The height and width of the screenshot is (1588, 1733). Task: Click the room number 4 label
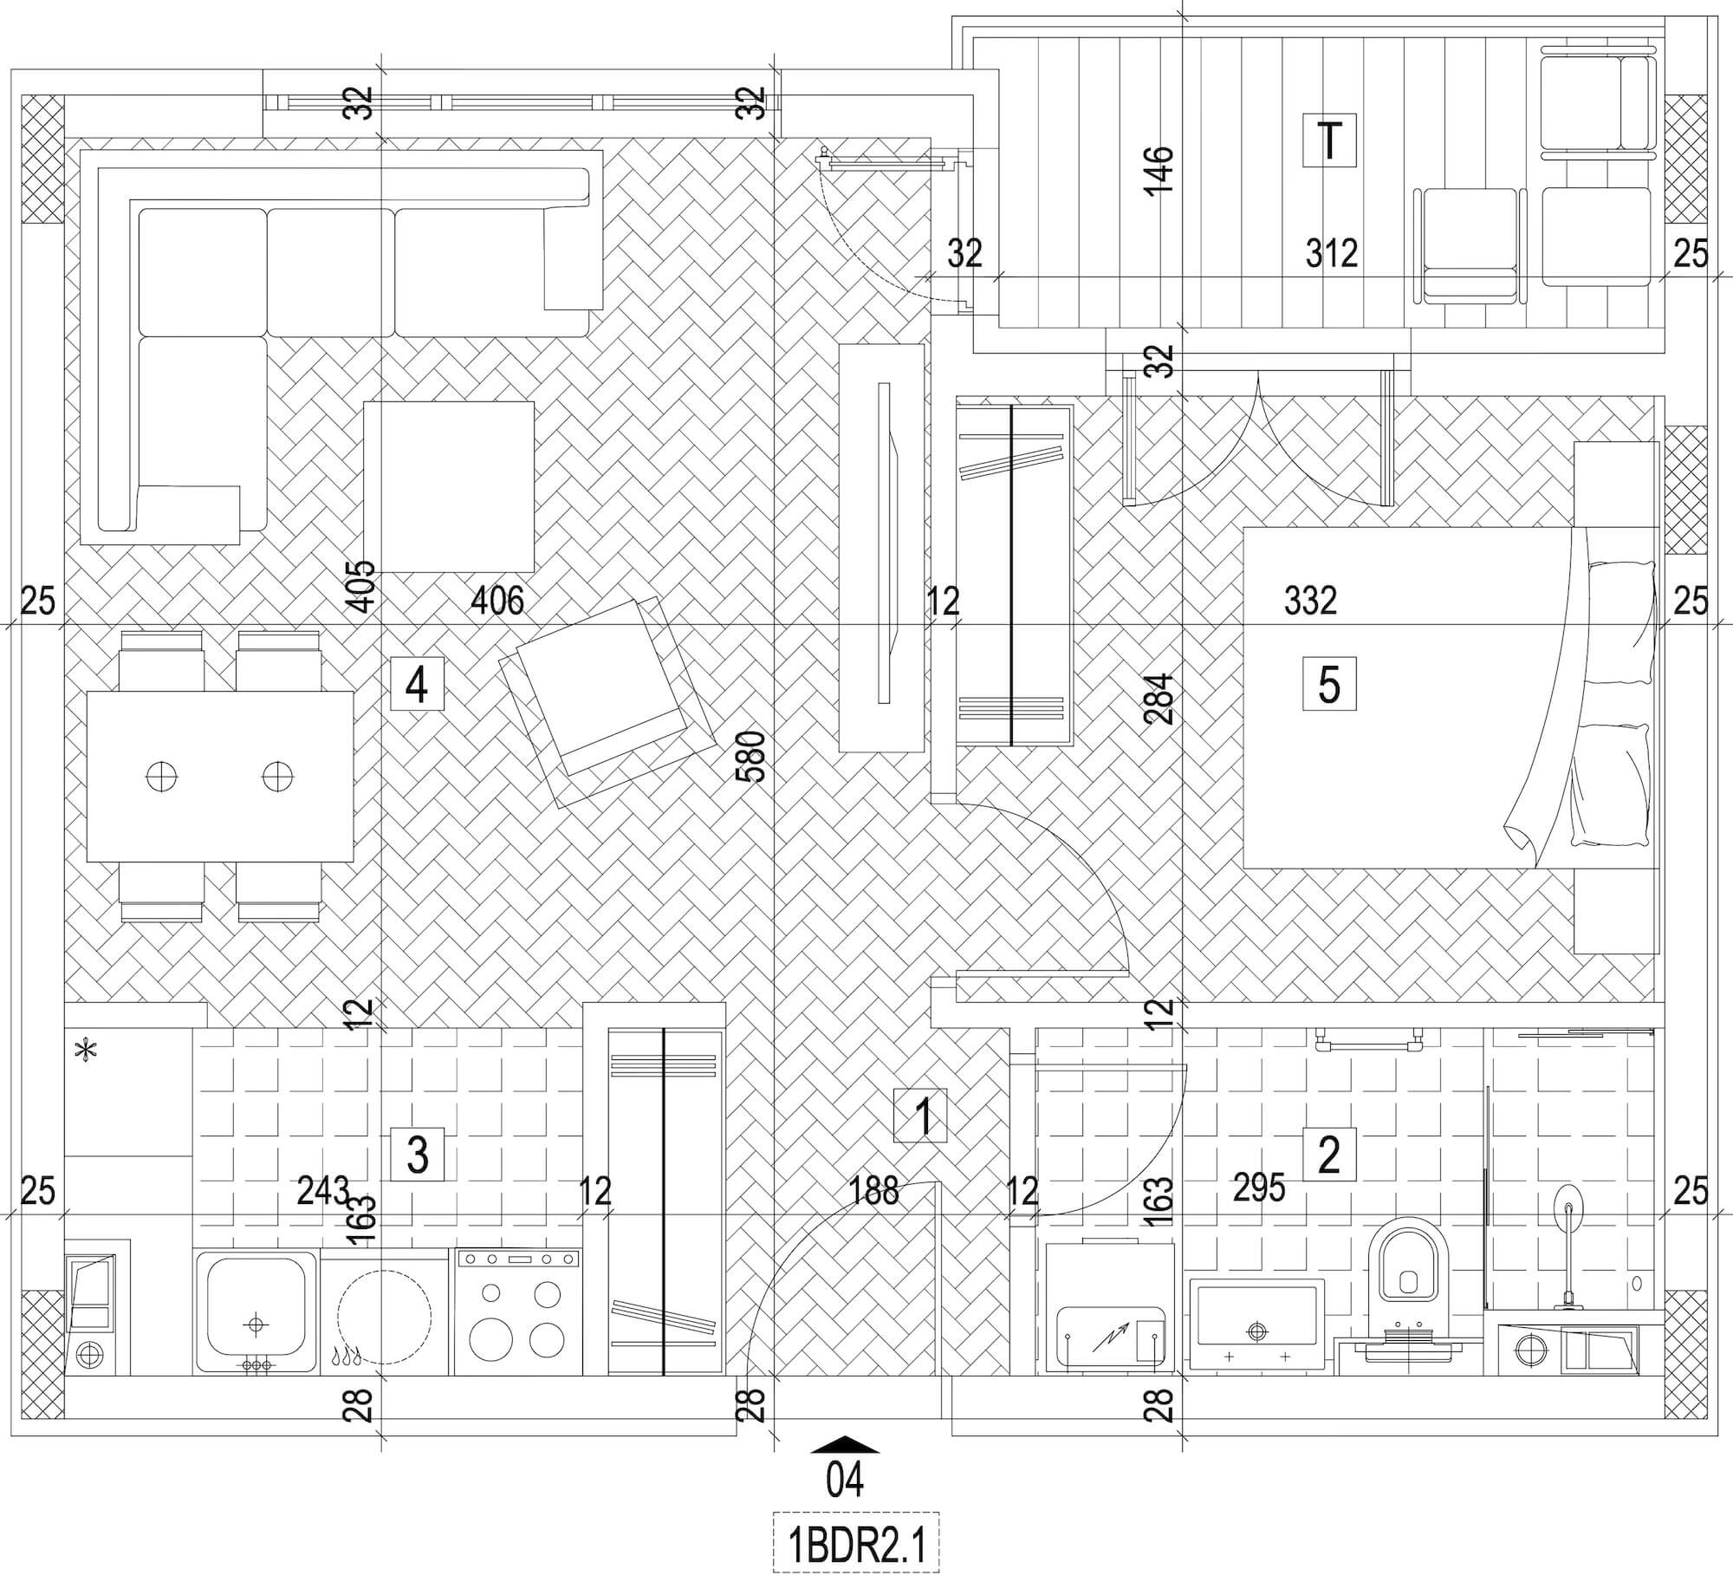(x=417, y=685)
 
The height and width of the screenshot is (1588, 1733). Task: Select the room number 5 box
(x=1329, y=685)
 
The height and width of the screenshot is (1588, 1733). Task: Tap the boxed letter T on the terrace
(x=1329, y=140)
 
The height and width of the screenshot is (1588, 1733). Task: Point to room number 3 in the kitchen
(x=417, y=1154)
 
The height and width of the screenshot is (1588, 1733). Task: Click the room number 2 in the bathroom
(x=1329, y=1154)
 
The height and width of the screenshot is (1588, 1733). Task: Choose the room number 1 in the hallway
(x=921, y=1116)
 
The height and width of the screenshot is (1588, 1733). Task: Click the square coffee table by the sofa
(x=448, y=486)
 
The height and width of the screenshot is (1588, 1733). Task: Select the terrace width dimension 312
(x=1331, y=254)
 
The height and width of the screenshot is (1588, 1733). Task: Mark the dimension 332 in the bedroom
(x=1310, y=600)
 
